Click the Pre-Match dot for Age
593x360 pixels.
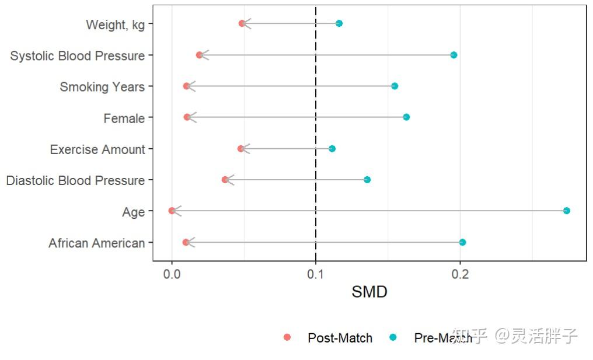coord(566,211)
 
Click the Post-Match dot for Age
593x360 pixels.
coord(172,211)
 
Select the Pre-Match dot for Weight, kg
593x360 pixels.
coord(339,23)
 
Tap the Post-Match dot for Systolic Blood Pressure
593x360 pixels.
coord(199,55)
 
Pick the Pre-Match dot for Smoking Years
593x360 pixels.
coord(395,86)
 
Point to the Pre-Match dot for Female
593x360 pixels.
coord(406,117)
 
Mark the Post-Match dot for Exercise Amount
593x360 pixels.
coord(240,149)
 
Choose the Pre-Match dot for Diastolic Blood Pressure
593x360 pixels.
coord(367,180)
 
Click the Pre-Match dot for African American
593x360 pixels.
coord(462,242)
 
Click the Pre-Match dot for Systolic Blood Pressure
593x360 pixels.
coord(454,55)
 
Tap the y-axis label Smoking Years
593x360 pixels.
coord(102,87)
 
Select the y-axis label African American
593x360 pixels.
coord(96,243)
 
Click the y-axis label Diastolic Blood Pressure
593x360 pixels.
coord(75,180)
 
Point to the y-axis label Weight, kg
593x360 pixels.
coord(115,25)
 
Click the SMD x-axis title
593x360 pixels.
coord(369,292)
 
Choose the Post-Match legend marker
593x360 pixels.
coord(287,337)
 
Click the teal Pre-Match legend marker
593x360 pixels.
coord(393,337)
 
